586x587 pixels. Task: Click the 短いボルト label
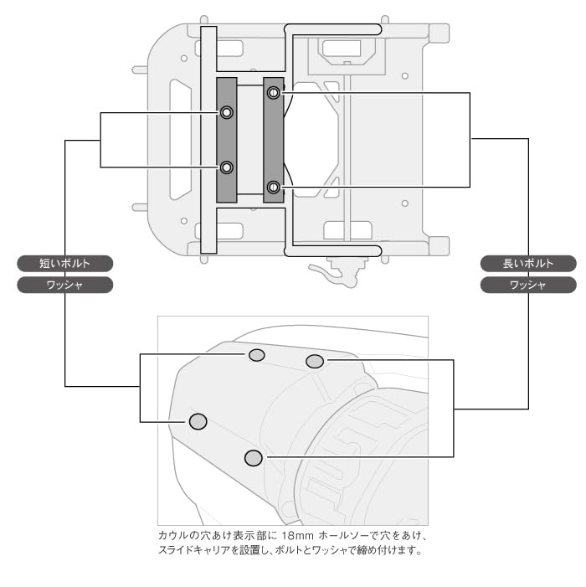pos(64,263)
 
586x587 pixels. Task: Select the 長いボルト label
pos(528,263)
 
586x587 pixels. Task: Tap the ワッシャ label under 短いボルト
pos(64,285)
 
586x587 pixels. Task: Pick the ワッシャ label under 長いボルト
pos(528,285)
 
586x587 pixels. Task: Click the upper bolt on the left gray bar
pos(227,112)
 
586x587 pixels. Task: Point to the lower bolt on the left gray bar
pos(227,167)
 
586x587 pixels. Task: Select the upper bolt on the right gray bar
pos(273,93)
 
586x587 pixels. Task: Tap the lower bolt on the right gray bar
pos(273,186)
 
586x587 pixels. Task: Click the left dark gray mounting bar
pos(227,140)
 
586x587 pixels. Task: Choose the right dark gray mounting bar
pos(274,140)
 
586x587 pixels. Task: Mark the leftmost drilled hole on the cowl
pos(198,421)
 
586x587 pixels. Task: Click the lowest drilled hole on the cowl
pos(254,458)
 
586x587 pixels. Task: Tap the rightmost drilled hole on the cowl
pos(315,361)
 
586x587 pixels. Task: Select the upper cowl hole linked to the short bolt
pos(257,355)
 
